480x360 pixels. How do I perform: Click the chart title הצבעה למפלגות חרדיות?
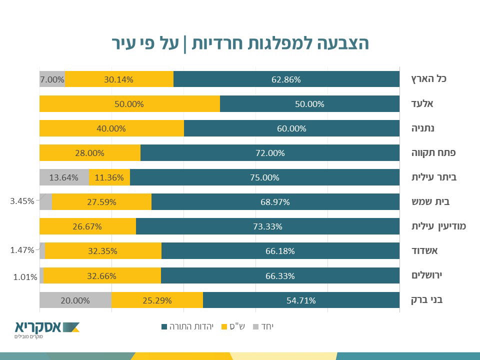tap(240, 43)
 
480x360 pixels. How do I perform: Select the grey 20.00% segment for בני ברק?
tap(75, 300)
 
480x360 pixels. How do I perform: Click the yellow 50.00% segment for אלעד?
tap(129, 104)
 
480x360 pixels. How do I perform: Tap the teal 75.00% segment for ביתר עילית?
tap(264, 177)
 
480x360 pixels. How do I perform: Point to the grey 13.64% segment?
tap(64, 177)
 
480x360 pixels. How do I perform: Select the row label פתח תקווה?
tap(433, 152)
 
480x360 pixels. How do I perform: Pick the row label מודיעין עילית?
tap(438, 226)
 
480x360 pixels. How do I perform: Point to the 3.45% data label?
tap(22, 201)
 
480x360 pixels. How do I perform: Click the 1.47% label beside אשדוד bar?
tap(22, 249)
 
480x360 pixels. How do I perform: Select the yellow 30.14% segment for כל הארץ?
tap(119, 79)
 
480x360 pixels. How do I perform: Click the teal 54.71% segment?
tap(301, 300)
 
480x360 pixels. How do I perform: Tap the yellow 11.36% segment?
tap(109, 177)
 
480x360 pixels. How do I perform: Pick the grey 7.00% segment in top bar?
tap(52, 79)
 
